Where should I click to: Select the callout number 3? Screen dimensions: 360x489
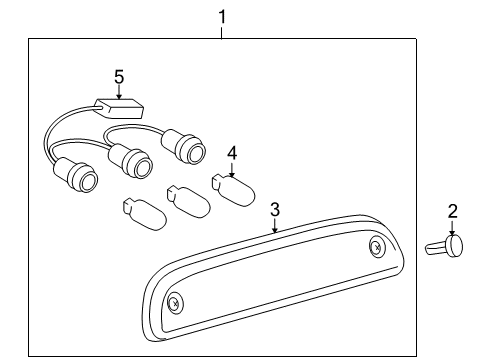pos(275,210)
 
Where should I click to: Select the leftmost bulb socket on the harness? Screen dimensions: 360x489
pos(79,178)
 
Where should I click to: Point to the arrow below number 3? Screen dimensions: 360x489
pos(275,226)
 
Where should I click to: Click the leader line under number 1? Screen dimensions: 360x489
pos(222,31)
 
